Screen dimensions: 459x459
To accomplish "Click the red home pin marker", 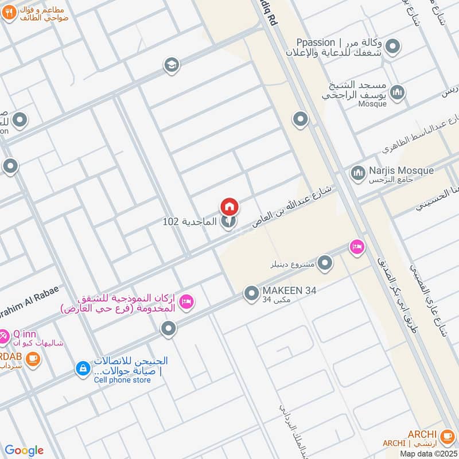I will pyautogui.click(x=229, y=207).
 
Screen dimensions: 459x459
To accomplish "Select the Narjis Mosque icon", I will pyautogui.click(x=359, y=172).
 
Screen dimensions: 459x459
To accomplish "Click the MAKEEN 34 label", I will pyautogui.click(x=289, y=291).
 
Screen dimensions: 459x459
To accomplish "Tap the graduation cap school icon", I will pyautogui.click(x=171, y=65).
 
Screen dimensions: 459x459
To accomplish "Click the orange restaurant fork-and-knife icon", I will pyautogui.click(x=9, y=13).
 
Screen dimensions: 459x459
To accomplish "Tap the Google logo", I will pyautogui.click(x=24, y=450).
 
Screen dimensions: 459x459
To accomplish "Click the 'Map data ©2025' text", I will pyautogui.click(x=429, y=453).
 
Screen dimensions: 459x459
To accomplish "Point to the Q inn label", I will pyautogui.click(x=24, y=333).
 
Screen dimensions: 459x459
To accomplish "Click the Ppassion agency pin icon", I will pyautogui.click(x=392, y=46).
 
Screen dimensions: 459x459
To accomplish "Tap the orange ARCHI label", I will pyautogui.click(x=422, y=434).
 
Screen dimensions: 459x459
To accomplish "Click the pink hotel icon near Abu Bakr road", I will pyautogui.click(x=357, y=246).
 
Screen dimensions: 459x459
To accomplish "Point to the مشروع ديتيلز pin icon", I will pyautogui.click(x=325, y=263).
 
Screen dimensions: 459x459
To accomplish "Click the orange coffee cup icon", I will pyautogui.click(x=33, y=359).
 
